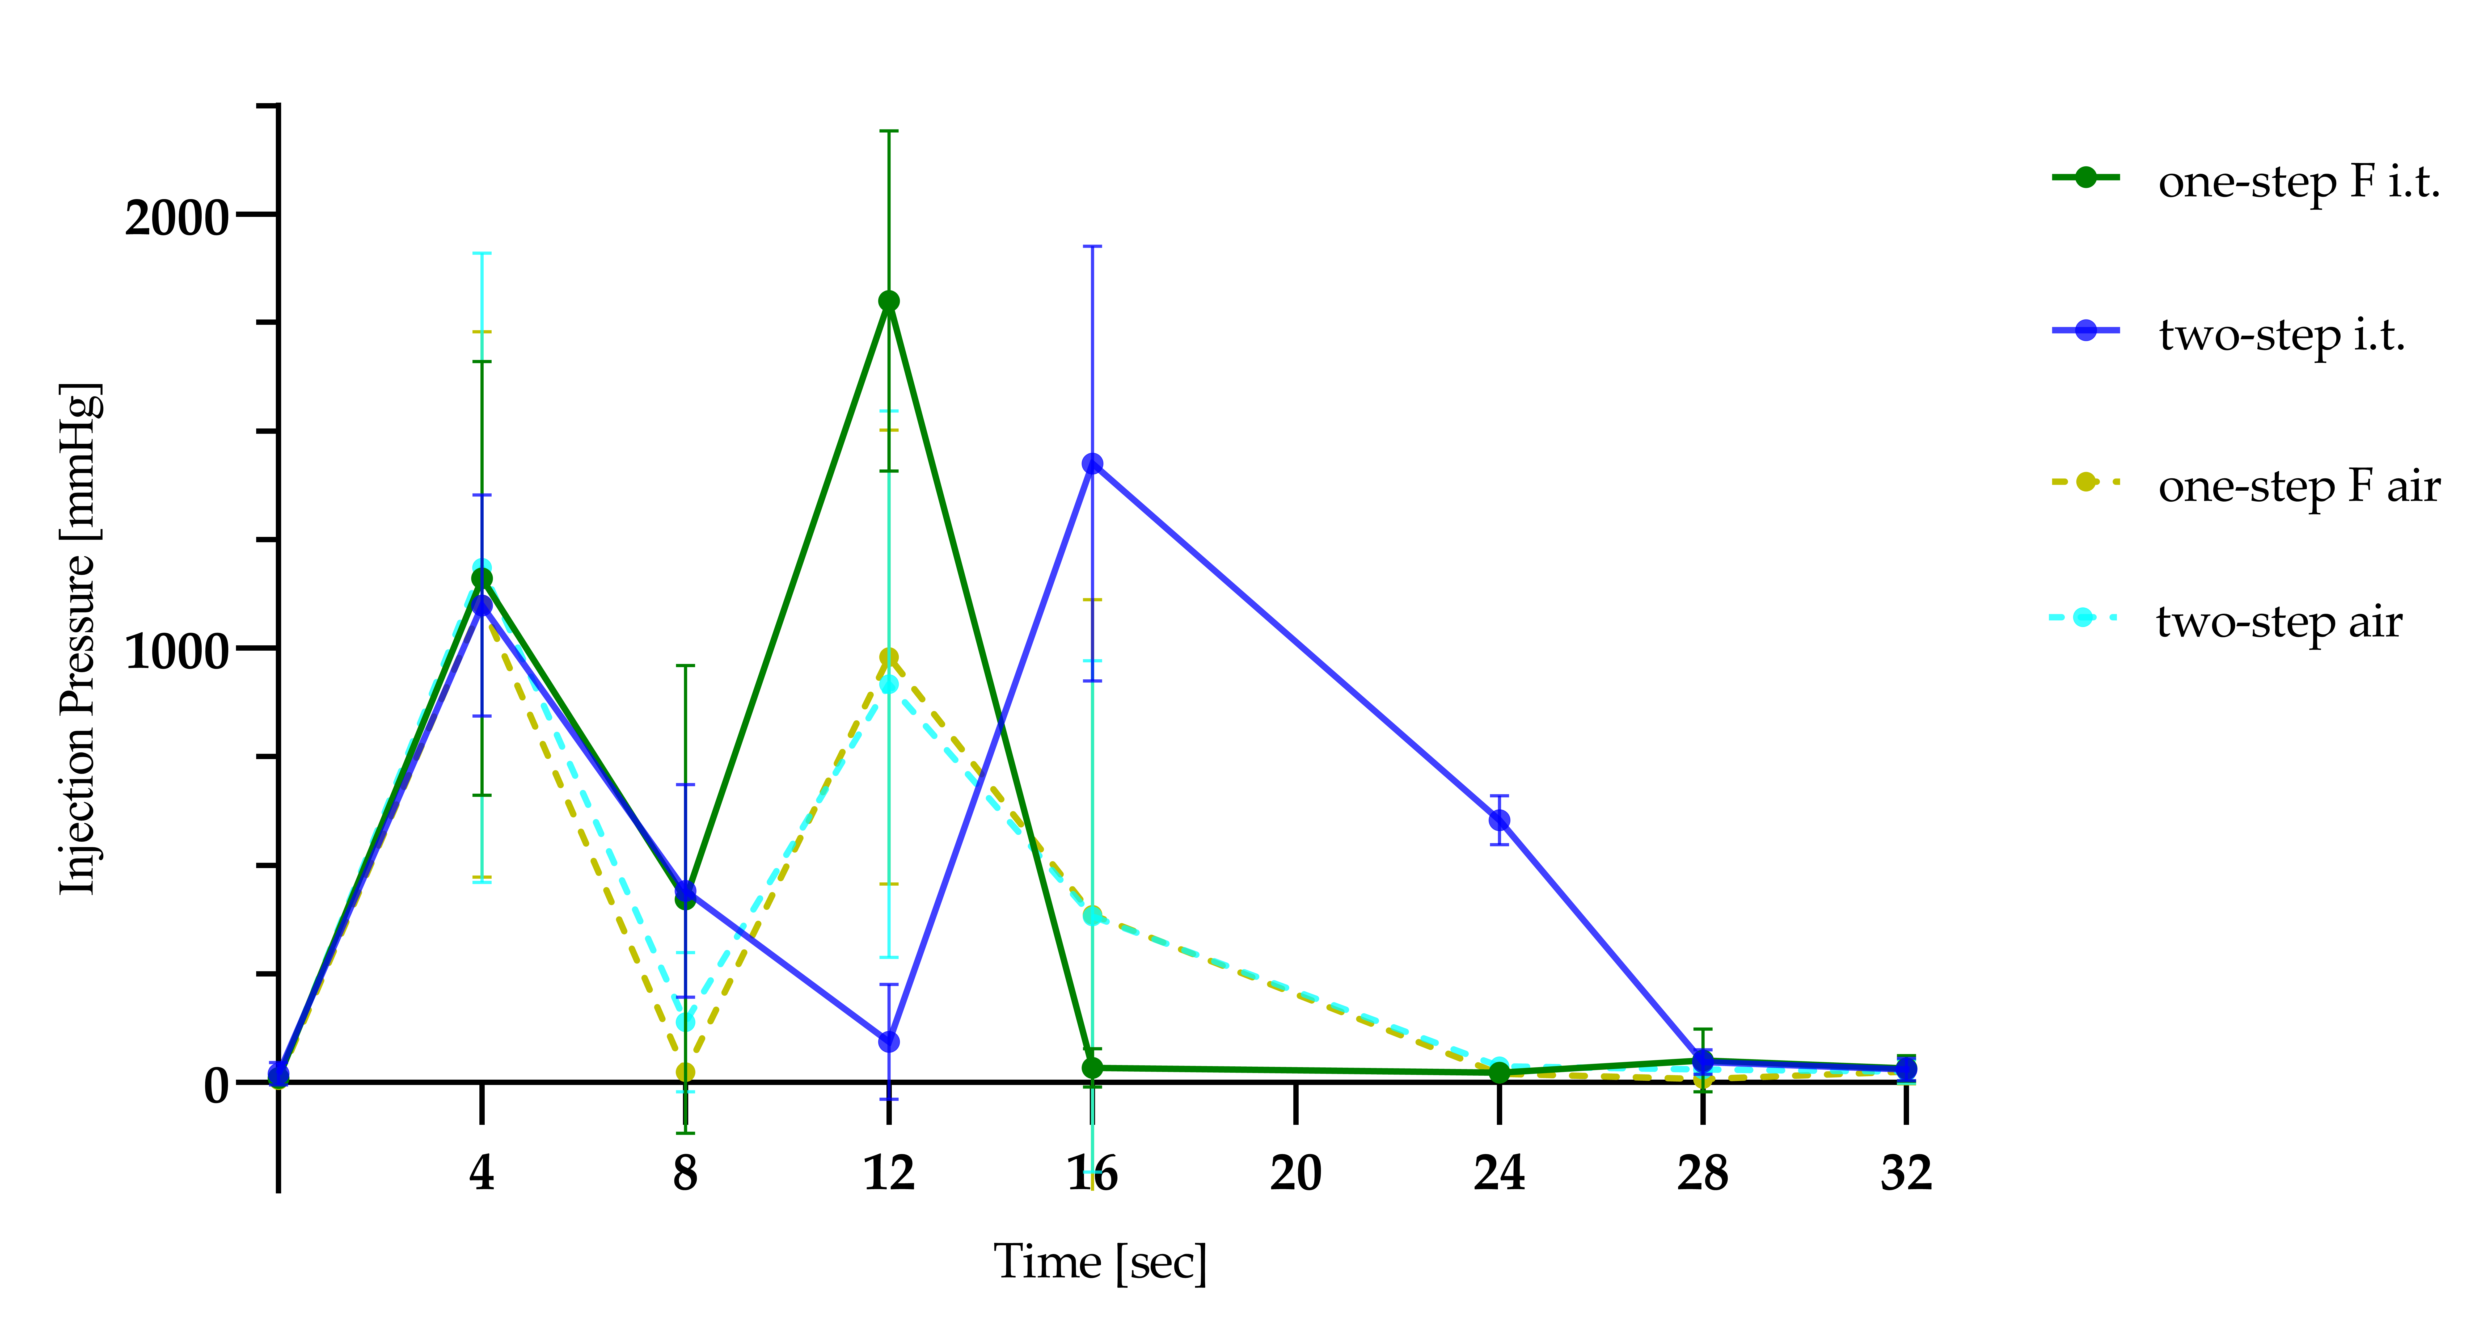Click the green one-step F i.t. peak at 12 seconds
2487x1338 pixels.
888,301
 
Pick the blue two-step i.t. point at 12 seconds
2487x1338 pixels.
888,1042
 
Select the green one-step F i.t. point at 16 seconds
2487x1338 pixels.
1092,1068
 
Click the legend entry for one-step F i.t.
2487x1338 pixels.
2298,182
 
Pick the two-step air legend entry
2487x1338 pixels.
2278,622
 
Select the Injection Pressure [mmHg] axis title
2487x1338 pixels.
79,639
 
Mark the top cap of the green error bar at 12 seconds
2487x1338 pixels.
888,130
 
